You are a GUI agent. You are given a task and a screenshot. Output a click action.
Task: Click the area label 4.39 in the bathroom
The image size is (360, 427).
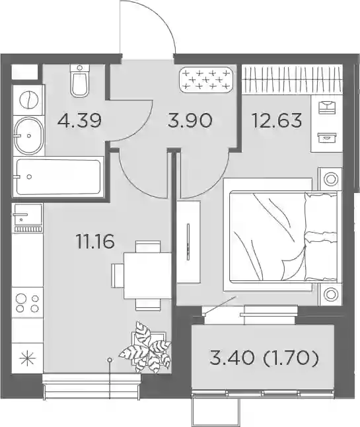pos(79,121)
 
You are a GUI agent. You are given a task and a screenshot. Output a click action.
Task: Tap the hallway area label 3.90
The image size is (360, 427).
pos(190,121)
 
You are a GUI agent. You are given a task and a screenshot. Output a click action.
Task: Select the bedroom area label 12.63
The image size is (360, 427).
pos(277,120)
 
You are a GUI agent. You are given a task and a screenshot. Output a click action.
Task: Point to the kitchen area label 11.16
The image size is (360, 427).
pos(96,241)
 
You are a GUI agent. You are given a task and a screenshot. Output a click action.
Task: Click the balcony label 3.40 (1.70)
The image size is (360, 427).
pos(264,358)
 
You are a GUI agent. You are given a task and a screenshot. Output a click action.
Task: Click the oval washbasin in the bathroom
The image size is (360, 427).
pos(28,136)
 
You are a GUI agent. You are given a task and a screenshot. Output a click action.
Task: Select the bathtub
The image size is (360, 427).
pos(58,177)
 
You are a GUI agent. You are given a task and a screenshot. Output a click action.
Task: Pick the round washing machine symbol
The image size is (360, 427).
pos(28,100)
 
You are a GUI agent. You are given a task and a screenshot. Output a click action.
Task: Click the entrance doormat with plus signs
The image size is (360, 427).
pos(206,80)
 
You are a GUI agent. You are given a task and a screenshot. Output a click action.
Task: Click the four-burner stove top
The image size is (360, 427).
pos(28,303)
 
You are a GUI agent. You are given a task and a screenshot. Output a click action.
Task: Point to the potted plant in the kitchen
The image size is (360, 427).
pos(146,348)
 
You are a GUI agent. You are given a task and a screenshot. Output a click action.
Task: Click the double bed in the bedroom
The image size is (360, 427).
pos(281,237)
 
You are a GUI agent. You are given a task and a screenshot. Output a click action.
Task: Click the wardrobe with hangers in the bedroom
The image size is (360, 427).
pos(292,79)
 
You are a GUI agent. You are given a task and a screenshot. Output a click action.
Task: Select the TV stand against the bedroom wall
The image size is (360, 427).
pos(188,243)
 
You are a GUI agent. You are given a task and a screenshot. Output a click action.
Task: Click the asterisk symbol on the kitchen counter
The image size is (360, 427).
pos(28,358)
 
